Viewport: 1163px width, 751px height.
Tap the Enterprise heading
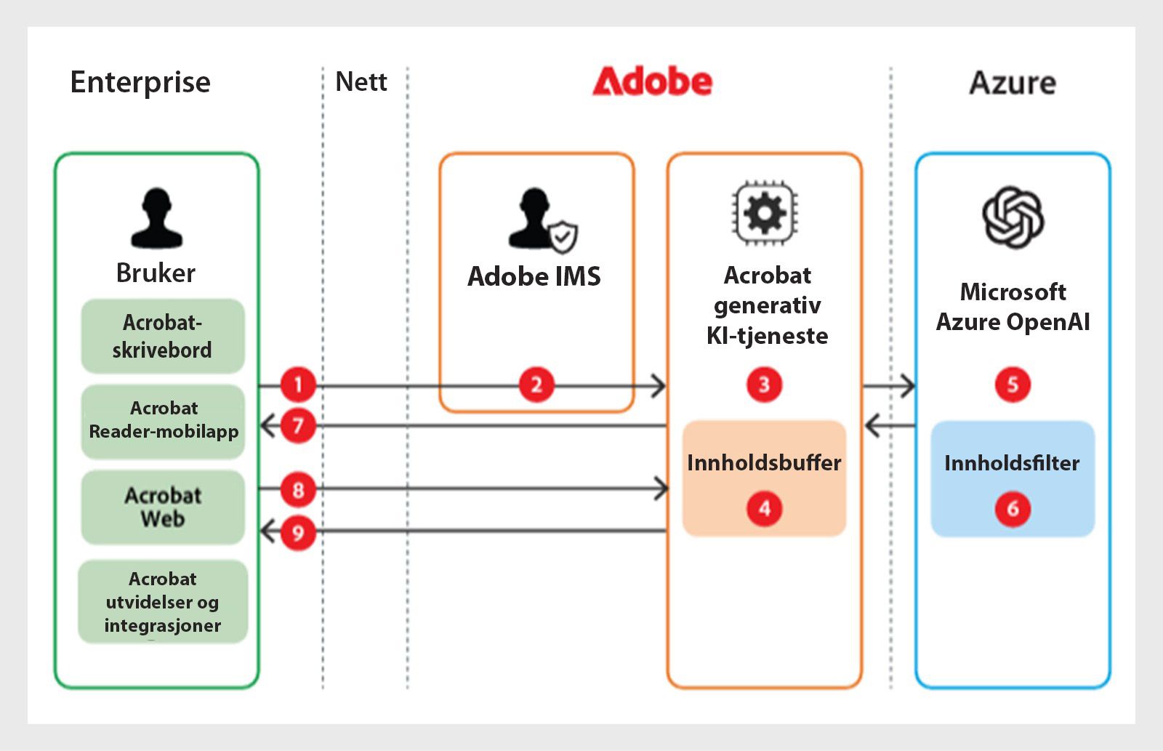[x=140, y=82]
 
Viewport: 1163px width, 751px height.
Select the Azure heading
[x=1013, y=83]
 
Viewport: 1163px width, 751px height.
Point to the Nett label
[x=361, y=81]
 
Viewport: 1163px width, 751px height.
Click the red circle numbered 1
[x=298, y=385]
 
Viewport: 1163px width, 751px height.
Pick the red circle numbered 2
[x=536, y=385]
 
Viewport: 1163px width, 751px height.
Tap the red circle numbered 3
[x=764, y=385]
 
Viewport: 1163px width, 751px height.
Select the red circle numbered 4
[x=764, y=508]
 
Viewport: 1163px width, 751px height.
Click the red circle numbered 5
[x=1013, y=385]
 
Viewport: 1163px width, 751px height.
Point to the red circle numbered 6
[x=1013, y=509]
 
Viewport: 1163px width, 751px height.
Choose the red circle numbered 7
[x=298, y=426]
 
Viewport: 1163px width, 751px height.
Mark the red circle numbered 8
[x=298, y=490]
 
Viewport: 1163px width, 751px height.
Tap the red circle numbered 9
[x=298, y=533]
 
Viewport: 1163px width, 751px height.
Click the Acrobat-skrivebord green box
[x=163, y=336]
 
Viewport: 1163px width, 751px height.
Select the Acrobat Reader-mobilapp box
[x=163, y=422]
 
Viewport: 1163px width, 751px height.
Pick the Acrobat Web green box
[x=163, y=507]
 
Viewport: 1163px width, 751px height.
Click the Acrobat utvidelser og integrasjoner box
[x=163, y=601]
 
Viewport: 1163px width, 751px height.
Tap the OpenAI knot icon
[x=1013, y=217]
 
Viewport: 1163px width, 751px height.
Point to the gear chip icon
[x=765, y=212]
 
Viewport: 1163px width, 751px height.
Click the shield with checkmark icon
[x=563, y=237]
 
